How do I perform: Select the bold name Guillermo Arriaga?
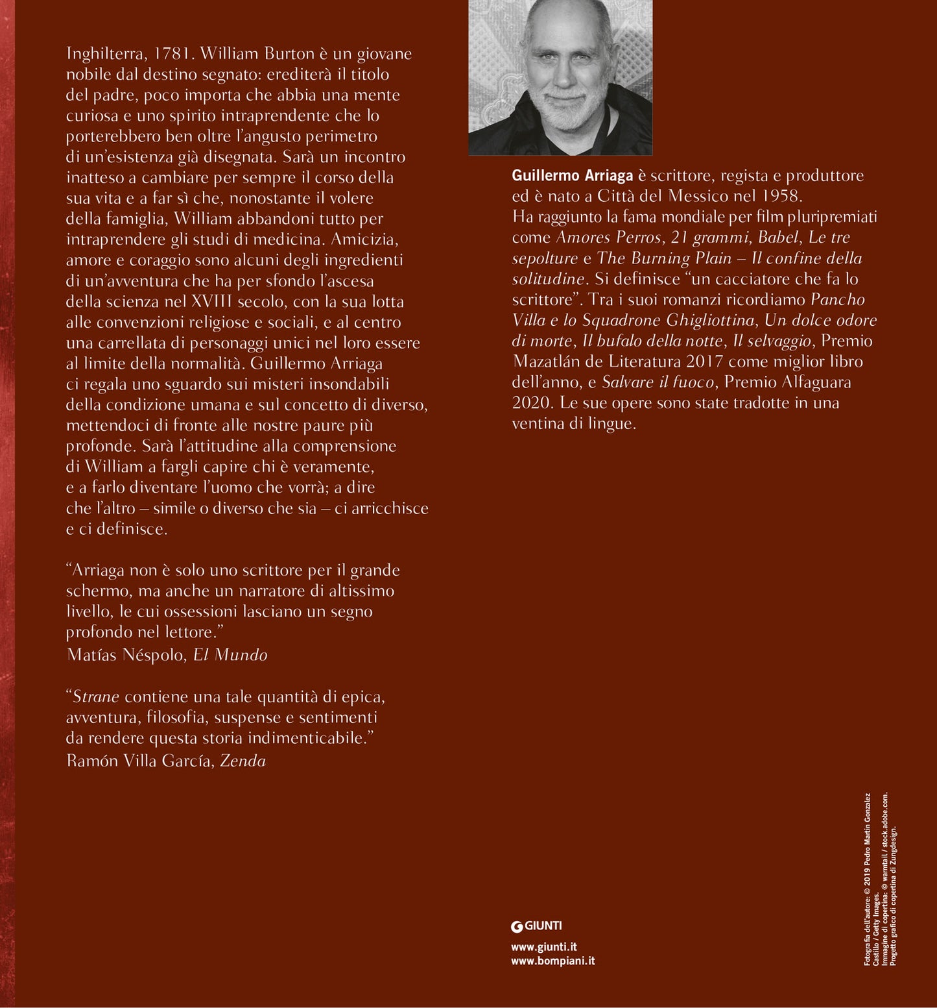click(x=572, y=176)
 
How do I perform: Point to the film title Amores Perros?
click(x=608, y=238)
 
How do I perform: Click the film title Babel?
click(x=777, y=238)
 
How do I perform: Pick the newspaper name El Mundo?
click(x=230, y=655)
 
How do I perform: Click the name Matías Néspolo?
click(x=126, y=655)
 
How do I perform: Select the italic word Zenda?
click(x=243, y=761)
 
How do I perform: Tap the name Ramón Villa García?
click(x=139, y=761)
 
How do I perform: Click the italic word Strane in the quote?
click(x=95, y=697)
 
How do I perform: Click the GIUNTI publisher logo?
click(x=536, y=926)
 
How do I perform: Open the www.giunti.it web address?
click(x=543, y=947)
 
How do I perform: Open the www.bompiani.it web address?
click(x=552, y=961)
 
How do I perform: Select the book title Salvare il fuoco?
click(x=658, y=382)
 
